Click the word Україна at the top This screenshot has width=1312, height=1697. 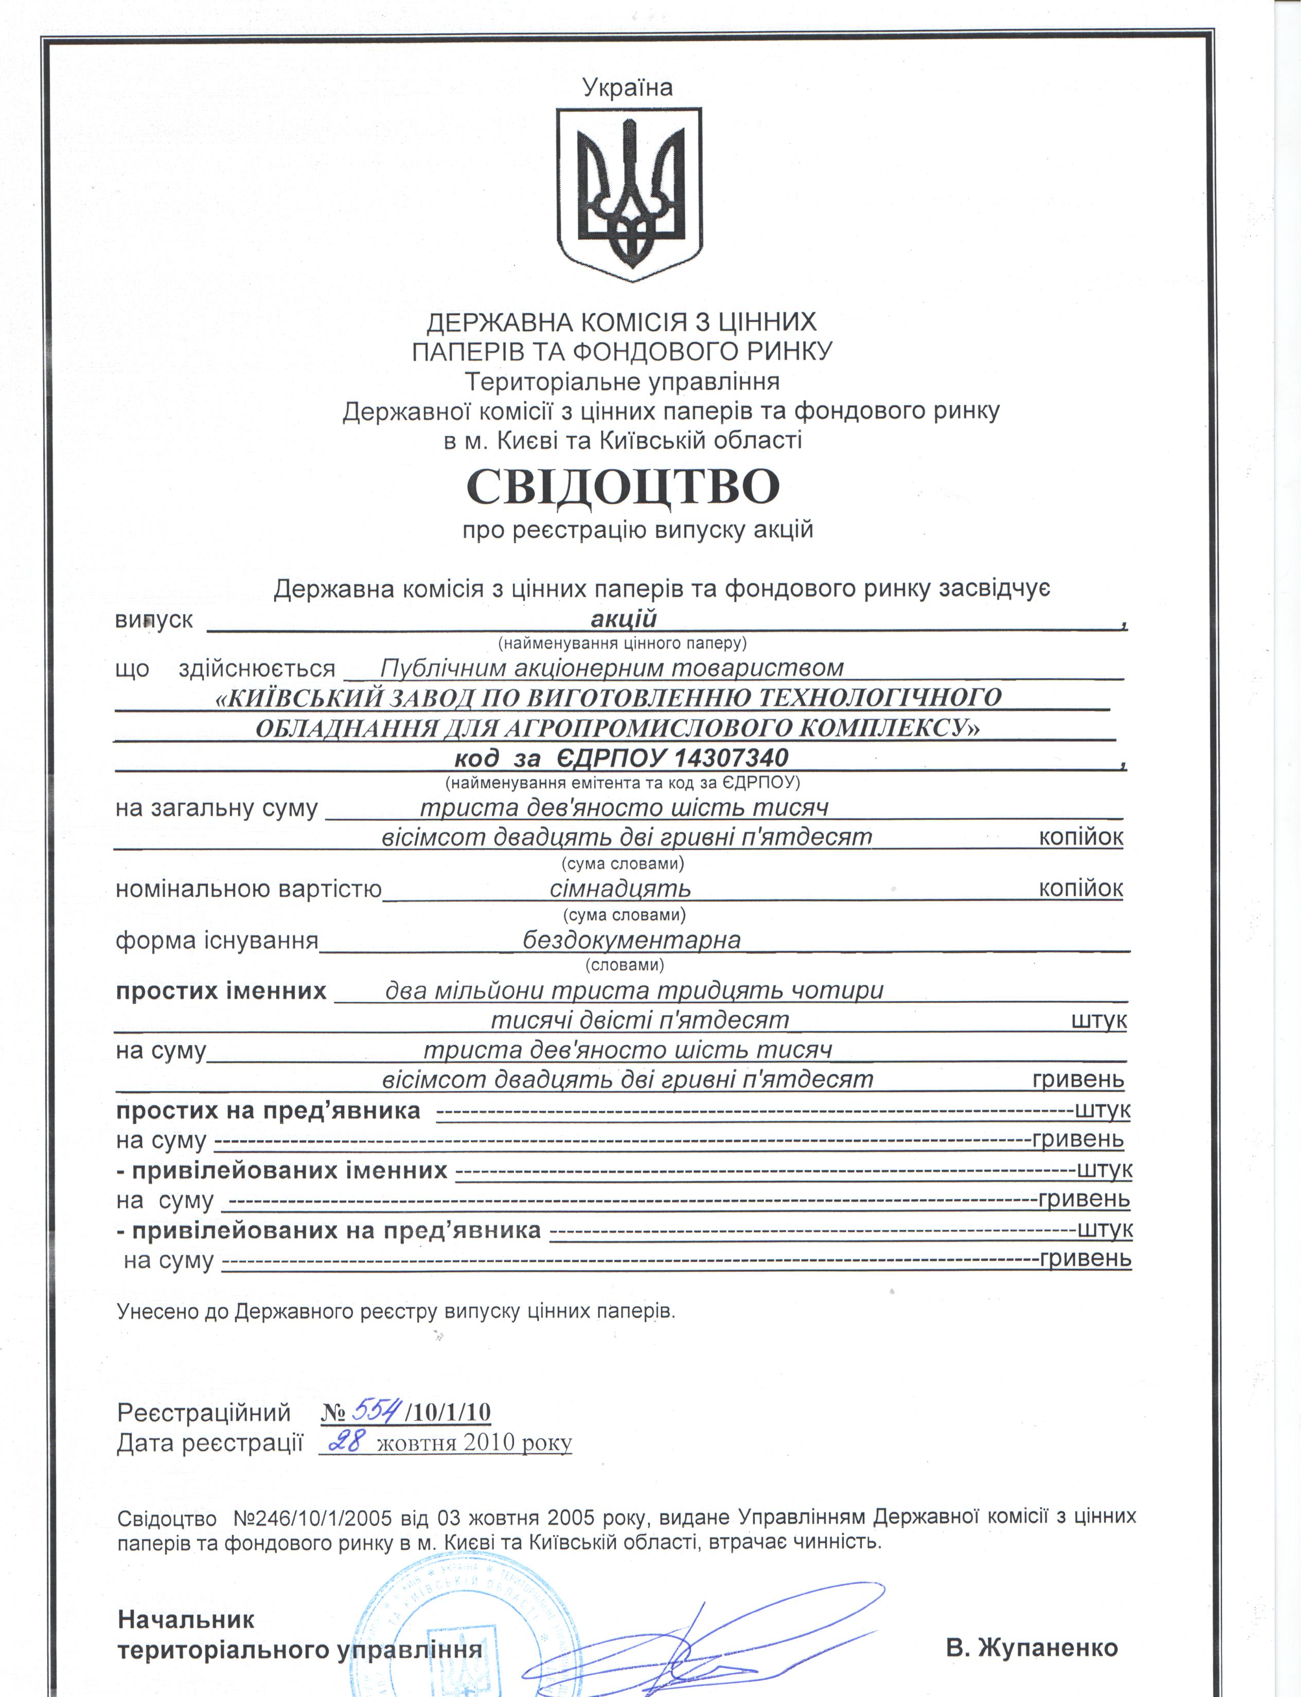tap(627, 87)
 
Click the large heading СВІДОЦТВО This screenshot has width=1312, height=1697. tap(622, 486)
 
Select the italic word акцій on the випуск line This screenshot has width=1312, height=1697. tap(624, 619)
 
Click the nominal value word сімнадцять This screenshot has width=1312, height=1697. tap(619, 888)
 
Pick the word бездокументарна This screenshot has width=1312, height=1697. tap(631, 940)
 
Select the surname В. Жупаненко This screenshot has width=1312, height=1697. tap(1032, 1647)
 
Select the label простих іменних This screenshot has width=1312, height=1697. tap(221, 991)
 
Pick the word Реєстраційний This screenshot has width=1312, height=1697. tap(204, 1411)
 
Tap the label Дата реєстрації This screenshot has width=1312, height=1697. tap(209, 1443)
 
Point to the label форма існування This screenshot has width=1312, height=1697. tap(217, 940)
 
